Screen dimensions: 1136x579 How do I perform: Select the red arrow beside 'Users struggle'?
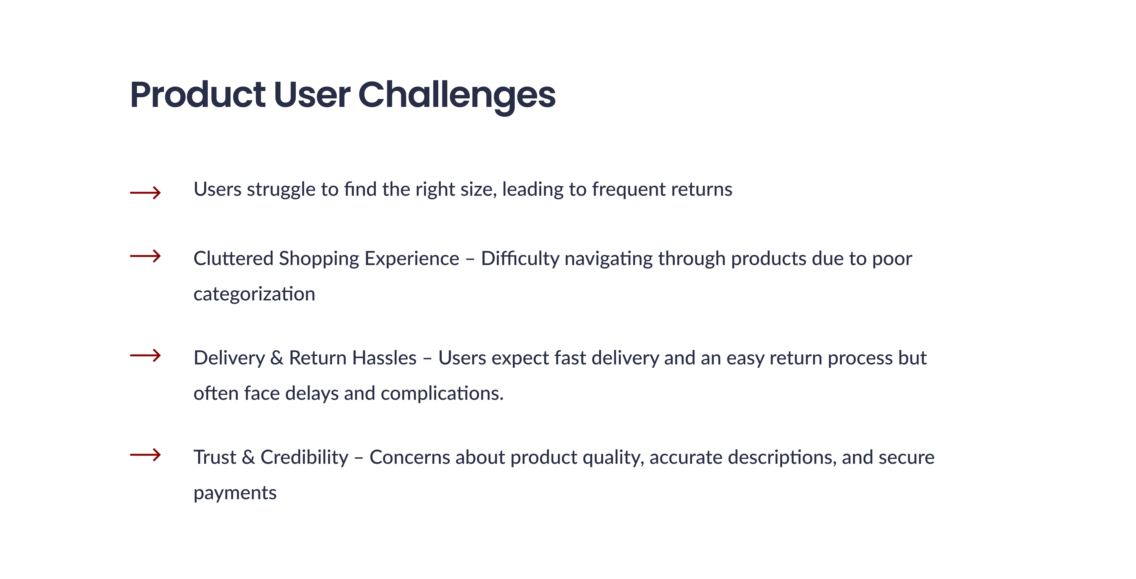tap(145, 192)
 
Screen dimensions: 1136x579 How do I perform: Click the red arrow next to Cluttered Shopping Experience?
tap(145, 256)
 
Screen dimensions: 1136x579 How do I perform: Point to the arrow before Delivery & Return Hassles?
tap(145, 355)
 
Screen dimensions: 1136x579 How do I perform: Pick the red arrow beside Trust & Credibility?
tap(145, 455)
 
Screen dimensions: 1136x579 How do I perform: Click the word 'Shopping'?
tap(319, 260)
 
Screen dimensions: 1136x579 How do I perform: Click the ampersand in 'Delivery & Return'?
tap(277, 358)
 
